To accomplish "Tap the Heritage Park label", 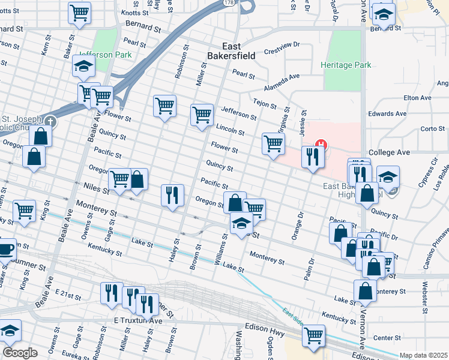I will click(346, 65).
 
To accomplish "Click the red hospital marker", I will click(322, 144).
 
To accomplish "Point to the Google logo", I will click(20, 352).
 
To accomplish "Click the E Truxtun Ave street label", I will click(138, 322).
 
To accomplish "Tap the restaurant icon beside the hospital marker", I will click(312, 157).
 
